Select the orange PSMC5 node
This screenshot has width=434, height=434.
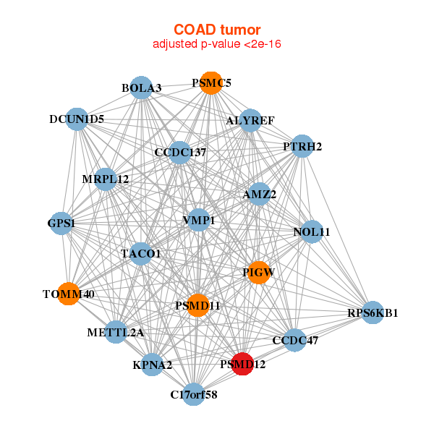coord(210,83)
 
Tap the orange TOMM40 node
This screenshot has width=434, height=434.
coord(69,294)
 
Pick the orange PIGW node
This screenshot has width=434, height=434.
coord(258,273)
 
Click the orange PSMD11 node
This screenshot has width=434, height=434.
coord(197,306)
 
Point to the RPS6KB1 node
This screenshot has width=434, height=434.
coord(373,313)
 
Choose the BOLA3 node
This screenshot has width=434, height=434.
coord(142,88)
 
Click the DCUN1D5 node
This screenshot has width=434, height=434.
coord(77,119)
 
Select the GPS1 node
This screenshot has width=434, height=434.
coord(62,224)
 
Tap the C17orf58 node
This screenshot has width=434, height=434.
coord(193,394)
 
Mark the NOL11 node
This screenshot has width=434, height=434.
coord(312,232)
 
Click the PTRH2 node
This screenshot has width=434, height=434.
coord(302,147)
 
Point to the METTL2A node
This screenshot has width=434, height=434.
coord(116,332)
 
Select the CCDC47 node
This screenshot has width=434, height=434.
coord(294,339)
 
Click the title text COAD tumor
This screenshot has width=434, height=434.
coord(217,30)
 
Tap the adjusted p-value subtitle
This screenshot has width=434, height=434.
coord(217,44)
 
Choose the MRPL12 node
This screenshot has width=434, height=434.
coord(106,179)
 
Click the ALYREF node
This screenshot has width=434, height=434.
coord(250,120)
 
